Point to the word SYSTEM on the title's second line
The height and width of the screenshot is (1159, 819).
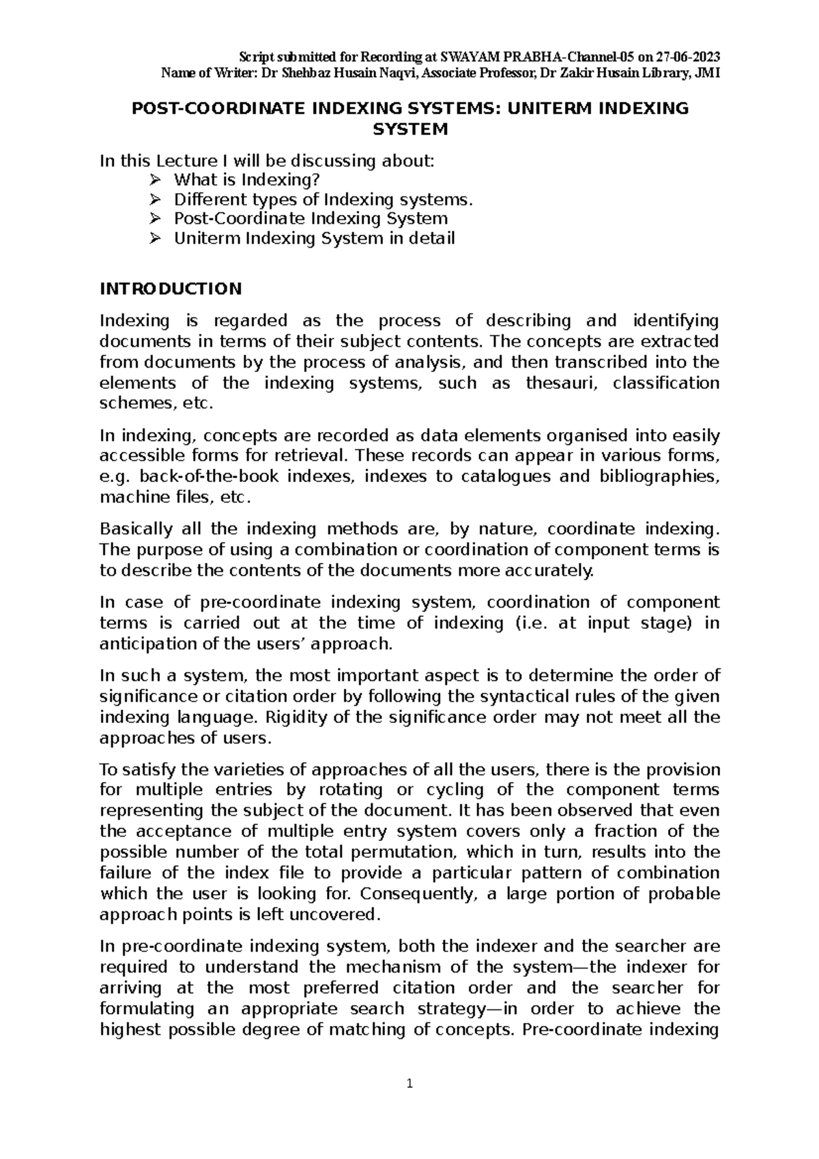(x=409, y=129)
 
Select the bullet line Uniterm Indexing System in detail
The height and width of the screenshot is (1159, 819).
(x=314, y=239)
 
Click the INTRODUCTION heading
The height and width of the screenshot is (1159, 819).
(x=171, y=289)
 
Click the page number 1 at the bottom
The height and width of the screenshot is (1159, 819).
(x=409, y=1084)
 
